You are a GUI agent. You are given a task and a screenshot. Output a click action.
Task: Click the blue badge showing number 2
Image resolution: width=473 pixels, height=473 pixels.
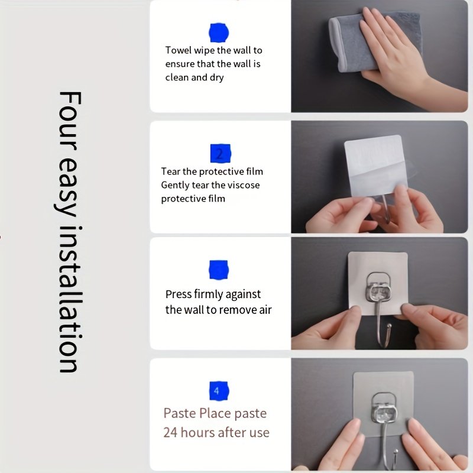tap(220, 154)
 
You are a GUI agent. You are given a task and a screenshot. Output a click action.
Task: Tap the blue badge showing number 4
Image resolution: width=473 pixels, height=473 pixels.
tap(219, 391)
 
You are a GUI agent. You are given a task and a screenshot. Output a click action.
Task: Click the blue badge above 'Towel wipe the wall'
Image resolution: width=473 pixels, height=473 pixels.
tap(219, 33)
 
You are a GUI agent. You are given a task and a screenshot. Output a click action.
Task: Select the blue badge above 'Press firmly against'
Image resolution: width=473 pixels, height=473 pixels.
tap(219, 270)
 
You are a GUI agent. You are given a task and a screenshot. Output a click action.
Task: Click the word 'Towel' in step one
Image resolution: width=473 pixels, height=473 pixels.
tap(178, 50)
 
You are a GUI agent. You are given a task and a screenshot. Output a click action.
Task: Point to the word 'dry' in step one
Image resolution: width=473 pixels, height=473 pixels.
tap(216, 77)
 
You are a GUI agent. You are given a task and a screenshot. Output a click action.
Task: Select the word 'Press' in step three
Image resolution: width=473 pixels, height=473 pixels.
tap(179, 294)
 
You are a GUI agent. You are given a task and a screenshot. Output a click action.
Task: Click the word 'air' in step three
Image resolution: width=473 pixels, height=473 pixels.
tap(265, 310)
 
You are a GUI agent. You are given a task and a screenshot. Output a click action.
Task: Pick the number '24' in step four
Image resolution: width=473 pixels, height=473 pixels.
tap(170, 433)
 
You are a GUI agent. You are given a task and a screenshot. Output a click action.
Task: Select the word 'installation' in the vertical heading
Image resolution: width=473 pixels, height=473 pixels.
tap(70, 300)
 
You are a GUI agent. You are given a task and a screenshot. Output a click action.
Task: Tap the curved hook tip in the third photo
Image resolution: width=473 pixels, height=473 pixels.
tap(389, 326)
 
